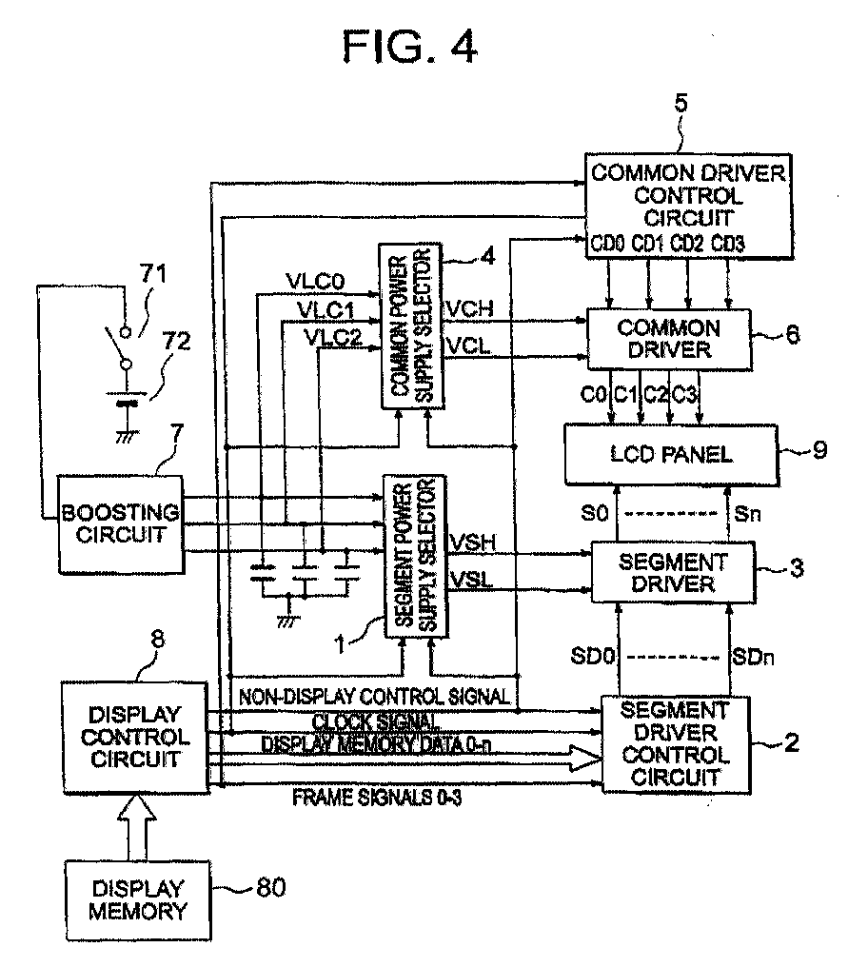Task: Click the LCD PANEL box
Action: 671,455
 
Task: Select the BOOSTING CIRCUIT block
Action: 121,524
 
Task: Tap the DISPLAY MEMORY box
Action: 138,900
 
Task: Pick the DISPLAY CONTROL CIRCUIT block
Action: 135,738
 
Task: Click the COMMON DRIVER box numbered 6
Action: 669,339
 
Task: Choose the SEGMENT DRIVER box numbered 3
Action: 673,572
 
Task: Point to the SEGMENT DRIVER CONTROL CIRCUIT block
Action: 675,744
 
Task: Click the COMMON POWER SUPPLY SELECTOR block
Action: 411,326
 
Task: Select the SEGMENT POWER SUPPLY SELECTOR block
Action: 415,556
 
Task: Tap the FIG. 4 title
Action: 410,47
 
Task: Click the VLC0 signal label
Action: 316,282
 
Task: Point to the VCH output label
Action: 470,308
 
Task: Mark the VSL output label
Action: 472,580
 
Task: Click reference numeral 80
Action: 271,887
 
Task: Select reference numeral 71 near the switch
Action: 153,272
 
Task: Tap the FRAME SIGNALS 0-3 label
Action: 377,798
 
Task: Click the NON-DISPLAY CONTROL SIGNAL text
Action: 374,697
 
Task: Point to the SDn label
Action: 752,657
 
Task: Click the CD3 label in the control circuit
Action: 728,244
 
